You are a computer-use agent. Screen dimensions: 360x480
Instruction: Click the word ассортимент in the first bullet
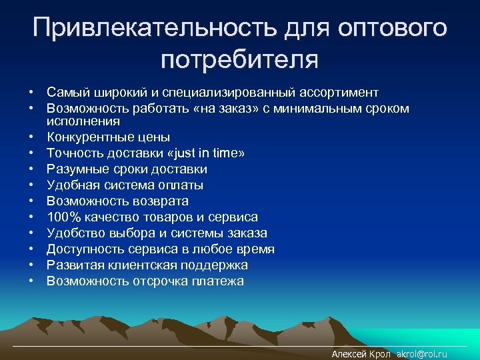click(x=341, y=92)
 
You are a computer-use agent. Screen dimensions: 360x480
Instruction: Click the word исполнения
click(x=83, y=121)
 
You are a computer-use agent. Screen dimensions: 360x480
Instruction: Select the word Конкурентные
click(x=89, y=137)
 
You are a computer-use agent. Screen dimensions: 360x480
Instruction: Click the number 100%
click(x=62, y=217)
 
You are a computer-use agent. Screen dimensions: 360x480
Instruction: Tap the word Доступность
click(x=82, y=249)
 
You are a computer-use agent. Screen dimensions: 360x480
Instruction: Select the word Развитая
click(x=73, y=265)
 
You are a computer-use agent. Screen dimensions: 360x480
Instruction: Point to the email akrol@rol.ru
click(x=421, y=355)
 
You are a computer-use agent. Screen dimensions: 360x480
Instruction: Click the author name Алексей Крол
click(x=361, y=355)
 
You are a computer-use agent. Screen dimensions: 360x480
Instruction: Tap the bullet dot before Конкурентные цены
click(x=31, y=137)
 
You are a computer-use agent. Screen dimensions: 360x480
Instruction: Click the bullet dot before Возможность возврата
click(x=31, y=201)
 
